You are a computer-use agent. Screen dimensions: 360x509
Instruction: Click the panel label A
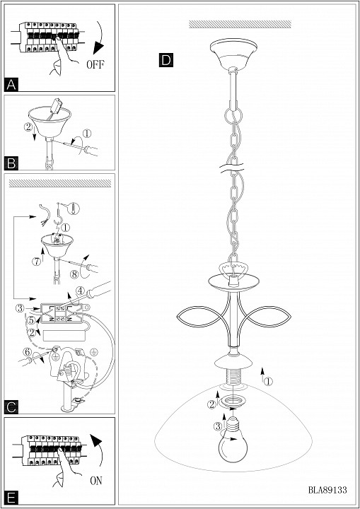[x=11, y=84]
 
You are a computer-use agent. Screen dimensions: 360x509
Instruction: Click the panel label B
[x=11, y=163]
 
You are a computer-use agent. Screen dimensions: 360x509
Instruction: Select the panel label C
[x=11, y=407]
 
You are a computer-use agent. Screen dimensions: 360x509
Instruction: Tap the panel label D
[x=166, y=60]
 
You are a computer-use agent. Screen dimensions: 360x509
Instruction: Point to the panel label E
[x=11, y=498]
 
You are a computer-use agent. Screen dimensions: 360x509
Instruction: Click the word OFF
[x=95, y=64]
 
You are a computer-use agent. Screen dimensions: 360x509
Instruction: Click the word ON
[x=96, y=480]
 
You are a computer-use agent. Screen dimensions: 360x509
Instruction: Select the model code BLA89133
[x=327, y=490]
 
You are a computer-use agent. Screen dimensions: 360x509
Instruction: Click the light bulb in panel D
[x=232, y=440]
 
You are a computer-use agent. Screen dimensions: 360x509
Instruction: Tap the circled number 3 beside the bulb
[x=218, y=426]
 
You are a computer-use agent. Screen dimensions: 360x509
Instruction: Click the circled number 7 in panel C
[x=36, y=261]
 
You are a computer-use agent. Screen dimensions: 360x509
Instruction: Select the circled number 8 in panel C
[x=75, y=274]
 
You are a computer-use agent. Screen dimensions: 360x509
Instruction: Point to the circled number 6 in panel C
[x=26, y=351]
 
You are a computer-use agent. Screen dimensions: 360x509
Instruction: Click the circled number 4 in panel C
[x=80, y=291]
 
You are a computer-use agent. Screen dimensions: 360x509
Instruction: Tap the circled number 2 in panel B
[x=28, y=127]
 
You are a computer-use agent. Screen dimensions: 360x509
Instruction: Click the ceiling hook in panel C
[x=59, y=213]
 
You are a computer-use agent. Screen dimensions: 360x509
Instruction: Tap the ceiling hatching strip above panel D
[x=240, y=24]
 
